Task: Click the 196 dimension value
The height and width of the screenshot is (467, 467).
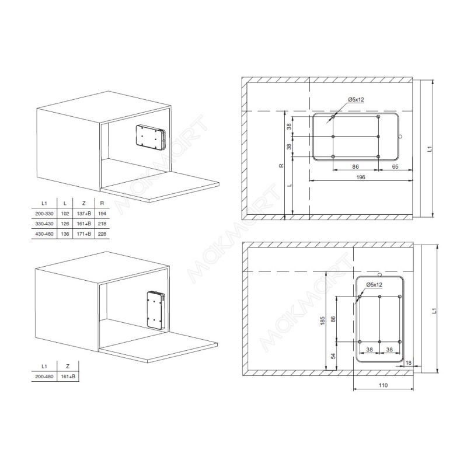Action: point(360,177)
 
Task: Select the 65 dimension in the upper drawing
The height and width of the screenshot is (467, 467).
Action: point(395,167)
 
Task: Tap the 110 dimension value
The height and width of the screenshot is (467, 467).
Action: point(383,385)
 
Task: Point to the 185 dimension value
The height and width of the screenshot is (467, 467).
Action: point(323,320)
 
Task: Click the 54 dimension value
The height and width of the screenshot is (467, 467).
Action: point(333,356)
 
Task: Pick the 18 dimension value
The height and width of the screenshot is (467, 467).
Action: point(408,363)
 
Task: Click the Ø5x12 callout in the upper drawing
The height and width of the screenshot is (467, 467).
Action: point(356,99)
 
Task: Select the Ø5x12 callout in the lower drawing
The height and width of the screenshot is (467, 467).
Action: point(374,284)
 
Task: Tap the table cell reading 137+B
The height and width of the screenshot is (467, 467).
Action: point(83,214)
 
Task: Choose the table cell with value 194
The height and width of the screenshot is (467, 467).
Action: point(102,214)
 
